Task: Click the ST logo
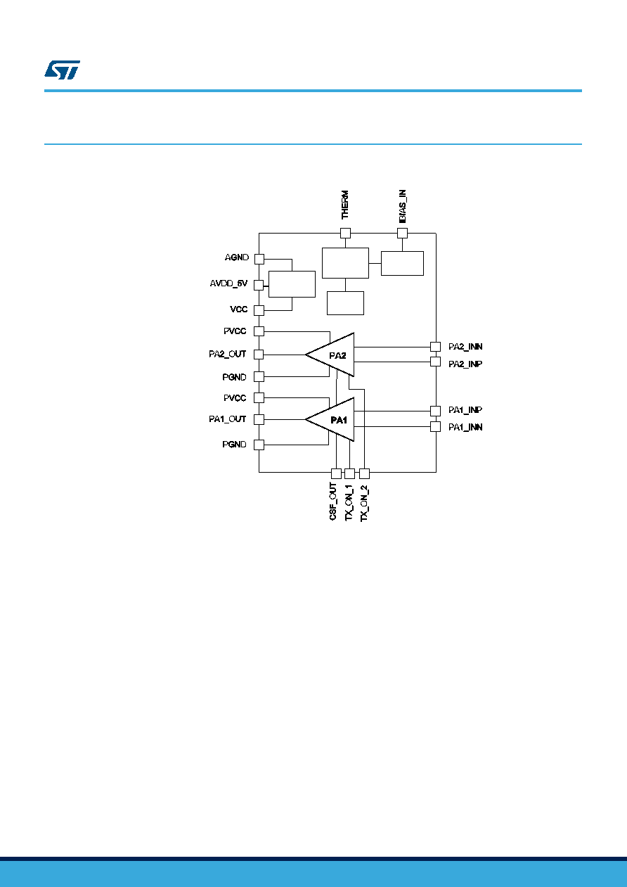[x=62, y=70]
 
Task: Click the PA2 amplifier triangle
[x=335, y=355]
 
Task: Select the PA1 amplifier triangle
[x=335, y=419]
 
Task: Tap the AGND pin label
[x=237, y=257]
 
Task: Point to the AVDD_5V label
[x=228, y=283]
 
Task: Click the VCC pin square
[x=259, y=310]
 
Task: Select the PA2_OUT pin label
[x=228, y=354]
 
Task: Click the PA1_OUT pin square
[x=259, y=419]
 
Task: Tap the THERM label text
[x=345, y=205]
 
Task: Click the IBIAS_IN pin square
[x=402, y=233]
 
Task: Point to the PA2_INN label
[x=465, y=347]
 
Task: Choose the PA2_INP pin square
[x=436, y=362]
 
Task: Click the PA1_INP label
[x=465, y=410]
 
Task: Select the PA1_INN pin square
[x=436, y=426]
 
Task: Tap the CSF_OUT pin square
[x=336, y=473]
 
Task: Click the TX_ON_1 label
[x=349, y=502]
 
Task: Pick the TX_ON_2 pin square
[x=364, y=473]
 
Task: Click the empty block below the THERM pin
[x=345, y=263]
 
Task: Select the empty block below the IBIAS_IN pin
[x=402, y=263]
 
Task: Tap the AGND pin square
[x=259, y=259]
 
